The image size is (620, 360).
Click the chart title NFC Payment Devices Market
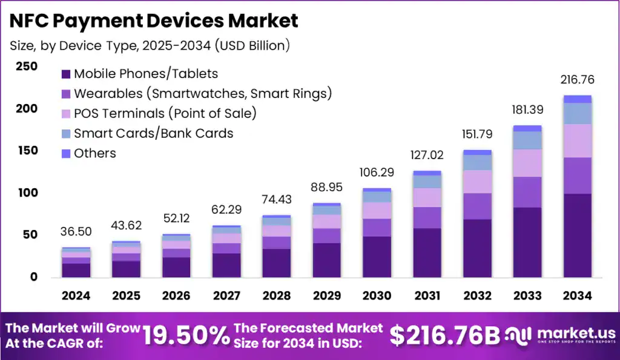tap(154, 21)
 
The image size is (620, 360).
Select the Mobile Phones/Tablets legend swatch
tap(66, 74)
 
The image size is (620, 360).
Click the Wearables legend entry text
tap(202, 94)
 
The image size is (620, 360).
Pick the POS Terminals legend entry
tap(165, 114)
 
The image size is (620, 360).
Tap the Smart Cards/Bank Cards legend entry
tap(153, 134)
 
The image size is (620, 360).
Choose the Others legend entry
tap(94, 154)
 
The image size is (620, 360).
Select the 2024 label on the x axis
tap(76, 296)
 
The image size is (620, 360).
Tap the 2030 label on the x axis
tap(377, 296)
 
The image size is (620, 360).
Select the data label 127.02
tap(426, 155)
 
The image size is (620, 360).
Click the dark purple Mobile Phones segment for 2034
tap(577, 236)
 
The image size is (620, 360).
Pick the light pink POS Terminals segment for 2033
tap(527, 163)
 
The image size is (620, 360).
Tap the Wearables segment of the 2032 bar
tap(477, 206)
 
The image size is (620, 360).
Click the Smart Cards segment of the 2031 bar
tap(426, 182)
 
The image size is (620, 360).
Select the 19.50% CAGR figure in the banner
tap(185, 335)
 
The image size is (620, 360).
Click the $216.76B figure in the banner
tap(444, 335)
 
